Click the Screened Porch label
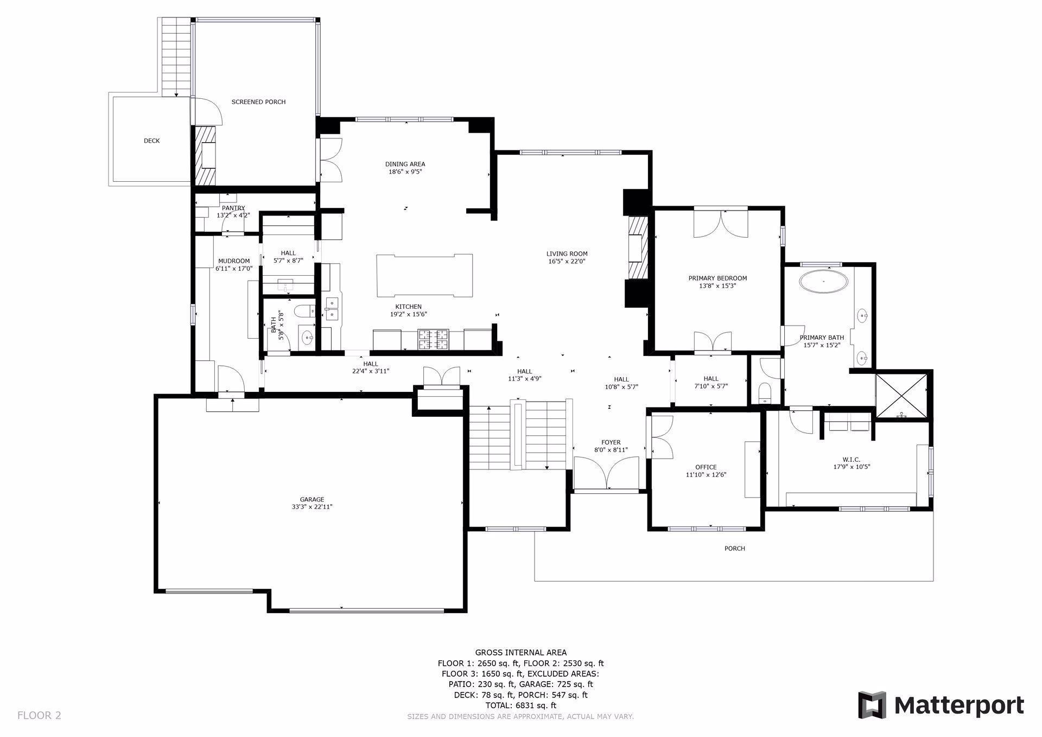pyautogui.click(x=258, y=102)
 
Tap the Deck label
pyautogui.click(x=152, y=141)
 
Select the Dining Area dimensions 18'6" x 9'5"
pyautogui.click(x=405, y=172)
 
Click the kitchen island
pyautogui.click(x=424, y=275)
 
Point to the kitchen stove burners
pyautogui.click(x=433, y=340)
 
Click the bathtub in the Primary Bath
pyautogui.click(x=824, y=282)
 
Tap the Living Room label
pyautogui.click(x=567, y=253)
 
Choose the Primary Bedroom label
pyautogui.click(x=717, y=278)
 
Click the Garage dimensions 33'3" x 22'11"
pyautogui.click(x=312, y=507)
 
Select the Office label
pyautogui.click(x=706, y=467)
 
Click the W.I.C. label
pyautogui.click(x=852, y=460)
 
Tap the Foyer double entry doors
pyautogui.click(x=607, y=473)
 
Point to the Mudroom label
pyautogui.click(x=234, y=261)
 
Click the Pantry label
pyautogui.click(x=233, y=208)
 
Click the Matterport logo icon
pyautogui.click(x=872, y=705)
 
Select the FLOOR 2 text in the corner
pyautogui.click(x=39, y=715)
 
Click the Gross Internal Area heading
pyautogui.click(x=521, y=653)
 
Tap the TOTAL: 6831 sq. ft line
pyautogui.click(x=521, y=706)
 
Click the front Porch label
pyautogui.click(x=735, y=549)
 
